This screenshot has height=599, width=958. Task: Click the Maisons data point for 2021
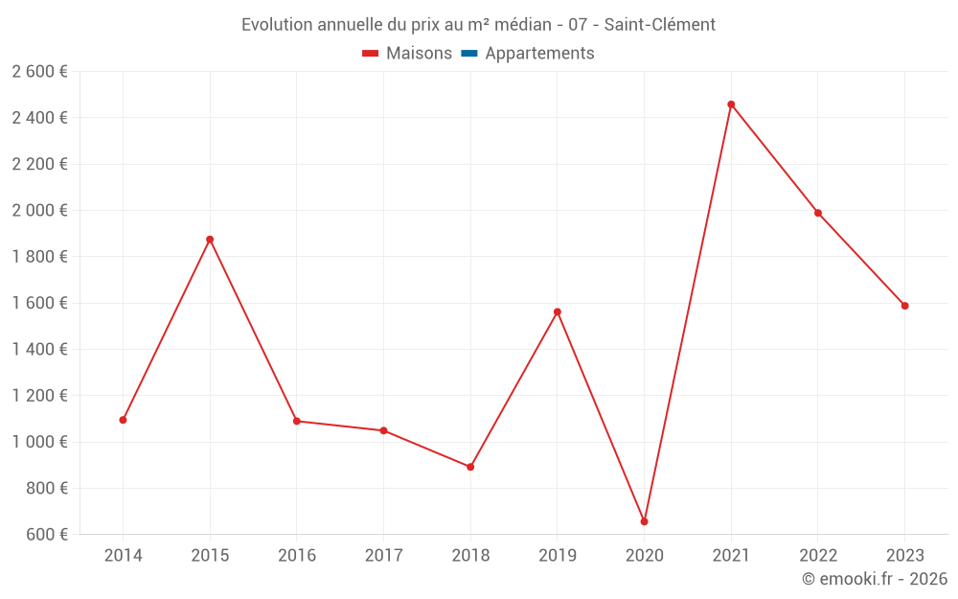(x=731, y=104)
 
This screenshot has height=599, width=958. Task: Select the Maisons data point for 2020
(x=644, y=521)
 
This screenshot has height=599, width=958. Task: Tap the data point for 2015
(x=210, y=240)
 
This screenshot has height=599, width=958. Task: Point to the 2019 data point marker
(x=558, y=311)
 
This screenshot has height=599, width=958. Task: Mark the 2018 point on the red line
(x=470, y=467)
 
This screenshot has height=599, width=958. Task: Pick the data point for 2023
(x=904, y=306)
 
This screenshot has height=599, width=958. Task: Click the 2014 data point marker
(x=124, y=420)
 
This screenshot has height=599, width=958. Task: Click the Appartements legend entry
(x=539, y=54)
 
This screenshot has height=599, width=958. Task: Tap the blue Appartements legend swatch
(x=469, y=54)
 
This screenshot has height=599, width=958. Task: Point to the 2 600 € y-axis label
(x=39, y=72)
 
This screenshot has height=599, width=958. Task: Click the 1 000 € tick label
(x=39, y=442)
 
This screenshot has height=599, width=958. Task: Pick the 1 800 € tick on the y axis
(x=39, y=257)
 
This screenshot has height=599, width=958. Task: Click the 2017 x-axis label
(x=383, y=555)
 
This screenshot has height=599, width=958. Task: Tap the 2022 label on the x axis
(x=817, y=555)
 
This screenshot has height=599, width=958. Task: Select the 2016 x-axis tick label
(x=297, y=555)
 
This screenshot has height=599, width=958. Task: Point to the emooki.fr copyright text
(x=875, y=579)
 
